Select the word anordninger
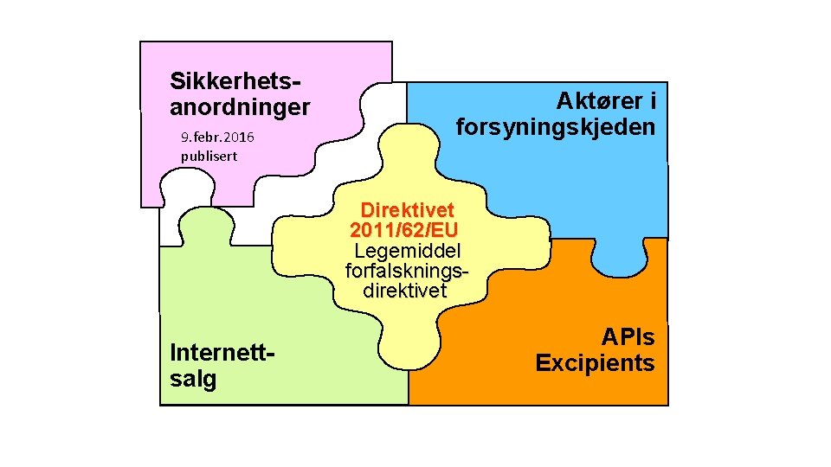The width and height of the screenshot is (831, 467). click(x=240, y=107)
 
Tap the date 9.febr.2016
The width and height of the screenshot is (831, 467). click(x=217, y=138)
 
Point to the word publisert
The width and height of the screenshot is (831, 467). click(x=209, y=157)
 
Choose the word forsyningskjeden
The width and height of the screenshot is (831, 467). click(x=556, y=127)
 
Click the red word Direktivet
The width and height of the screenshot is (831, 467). click(x=405, y=210)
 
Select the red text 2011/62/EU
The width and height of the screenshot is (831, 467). click(x=404, y=230)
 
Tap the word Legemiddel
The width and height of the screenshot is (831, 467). click(x=407, y=251)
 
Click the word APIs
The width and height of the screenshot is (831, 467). click(x=628, y=336)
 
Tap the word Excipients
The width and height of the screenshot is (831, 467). click(x=596, y=362)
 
